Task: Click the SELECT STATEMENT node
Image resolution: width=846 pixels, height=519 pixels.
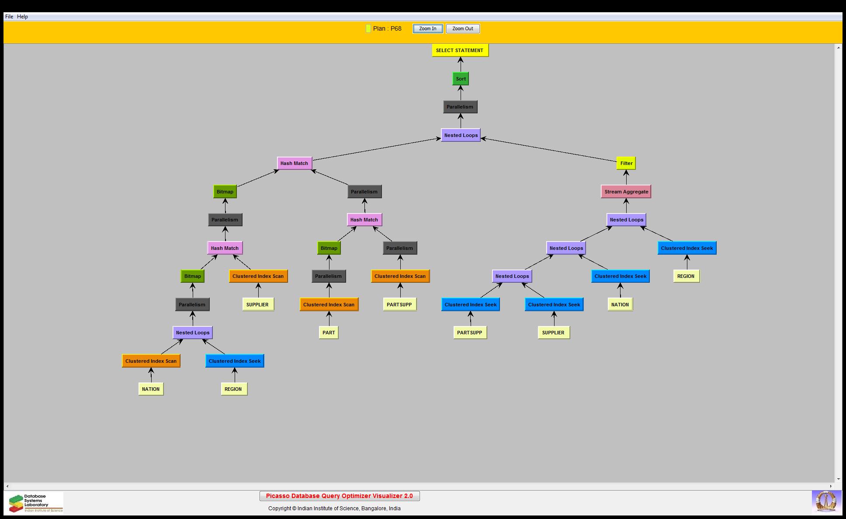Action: click(460, 50)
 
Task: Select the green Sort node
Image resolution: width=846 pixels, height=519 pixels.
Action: click(461, 79)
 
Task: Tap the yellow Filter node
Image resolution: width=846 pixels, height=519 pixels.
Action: click(626, 163)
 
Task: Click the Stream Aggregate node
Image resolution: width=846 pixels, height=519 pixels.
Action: click(626, 192)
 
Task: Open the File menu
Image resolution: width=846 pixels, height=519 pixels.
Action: click(9, 17)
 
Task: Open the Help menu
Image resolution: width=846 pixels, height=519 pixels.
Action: click(22, 17)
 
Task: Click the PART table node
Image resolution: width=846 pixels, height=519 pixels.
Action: click(329, 333)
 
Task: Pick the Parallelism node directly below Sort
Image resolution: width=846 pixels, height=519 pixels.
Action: click(460, 107)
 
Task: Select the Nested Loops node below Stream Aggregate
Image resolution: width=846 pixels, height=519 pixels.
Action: click(626, 220)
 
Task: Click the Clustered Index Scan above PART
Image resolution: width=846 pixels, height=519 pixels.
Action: click(329, 305)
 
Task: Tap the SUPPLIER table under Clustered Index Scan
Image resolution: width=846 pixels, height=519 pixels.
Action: click(257, 305)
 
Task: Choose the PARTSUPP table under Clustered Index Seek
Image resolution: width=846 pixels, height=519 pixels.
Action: click(469, 333)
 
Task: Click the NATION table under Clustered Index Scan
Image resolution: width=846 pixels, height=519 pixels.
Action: click(151, 389)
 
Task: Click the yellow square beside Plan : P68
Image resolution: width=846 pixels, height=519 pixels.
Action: click(368, 28)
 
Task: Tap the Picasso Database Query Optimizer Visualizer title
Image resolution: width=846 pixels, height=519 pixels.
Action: click(339, 496)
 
